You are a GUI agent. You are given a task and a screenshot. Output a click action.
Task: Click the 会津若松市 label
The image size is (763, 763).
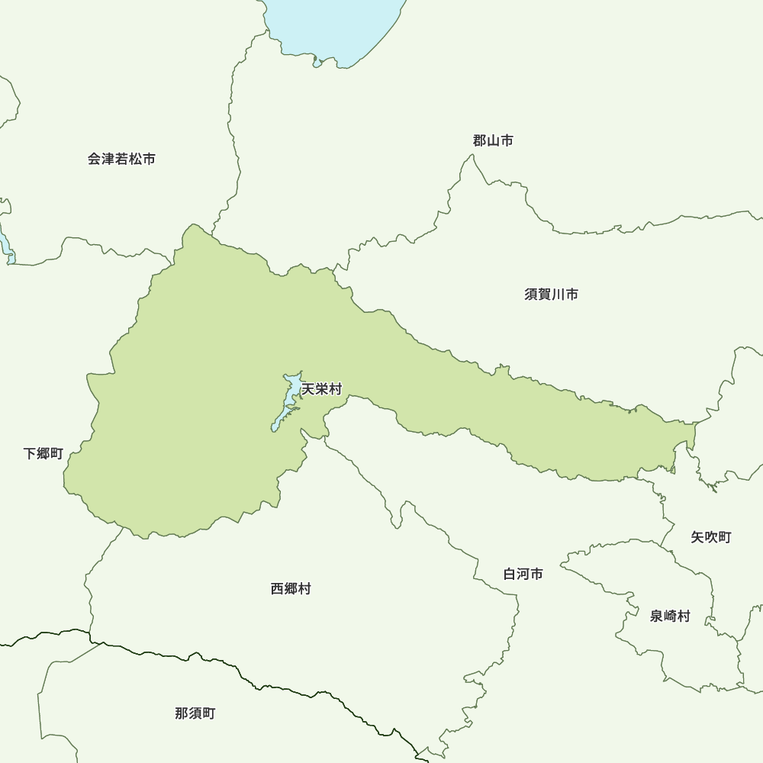tap(121, 159)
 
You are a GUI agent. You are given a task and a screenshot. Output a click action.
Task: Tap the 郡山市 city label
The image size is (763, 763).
tap(492, 140)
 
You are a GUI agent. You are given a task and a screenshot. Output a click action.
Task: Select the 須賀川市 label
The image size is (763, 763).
tap(551, 295)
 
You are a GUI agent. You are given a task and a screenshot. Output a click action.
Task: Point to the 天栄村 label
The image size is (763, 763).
tap(321, 390)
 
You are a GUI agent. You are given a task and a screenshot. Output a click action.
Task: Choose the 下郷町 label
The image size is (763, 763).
tap(43, 454)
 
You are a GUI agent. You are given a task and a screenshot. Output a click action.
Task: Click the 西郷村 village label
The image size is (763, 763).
tap(291, 589)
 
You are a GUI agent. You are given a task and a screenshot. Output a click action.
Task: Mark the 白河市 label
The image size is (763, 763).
tap(523, 574)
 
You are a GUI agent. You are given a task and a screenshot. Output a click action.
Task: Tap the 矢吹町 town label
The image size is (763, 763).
tap(711, 538)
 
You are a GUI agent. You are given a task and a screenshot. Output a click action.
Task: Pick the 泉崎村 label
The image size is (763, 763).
tap(669, 617)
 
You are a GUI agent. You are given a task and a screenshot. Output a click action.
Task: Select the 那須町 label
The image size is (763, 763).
tap(195, 714)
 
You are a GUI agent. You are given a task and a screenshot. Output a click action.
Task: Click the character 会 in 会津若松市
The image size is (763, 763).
tap(94, 159)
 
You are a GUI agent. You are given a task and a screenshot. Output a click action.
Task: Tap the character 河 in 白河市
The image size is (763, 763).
tap(523, 574)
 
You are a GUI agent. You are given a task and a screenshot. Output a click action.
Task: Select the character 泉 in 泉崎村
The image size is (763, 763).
tap(656, 617)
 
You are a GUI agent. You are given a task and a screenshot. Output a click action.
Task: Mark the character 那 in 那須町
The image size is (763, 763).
tap(182, 714)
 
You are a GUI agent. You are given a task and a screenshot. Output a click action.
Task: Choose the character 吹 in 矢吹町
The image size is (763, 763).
tap(711, 538)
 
